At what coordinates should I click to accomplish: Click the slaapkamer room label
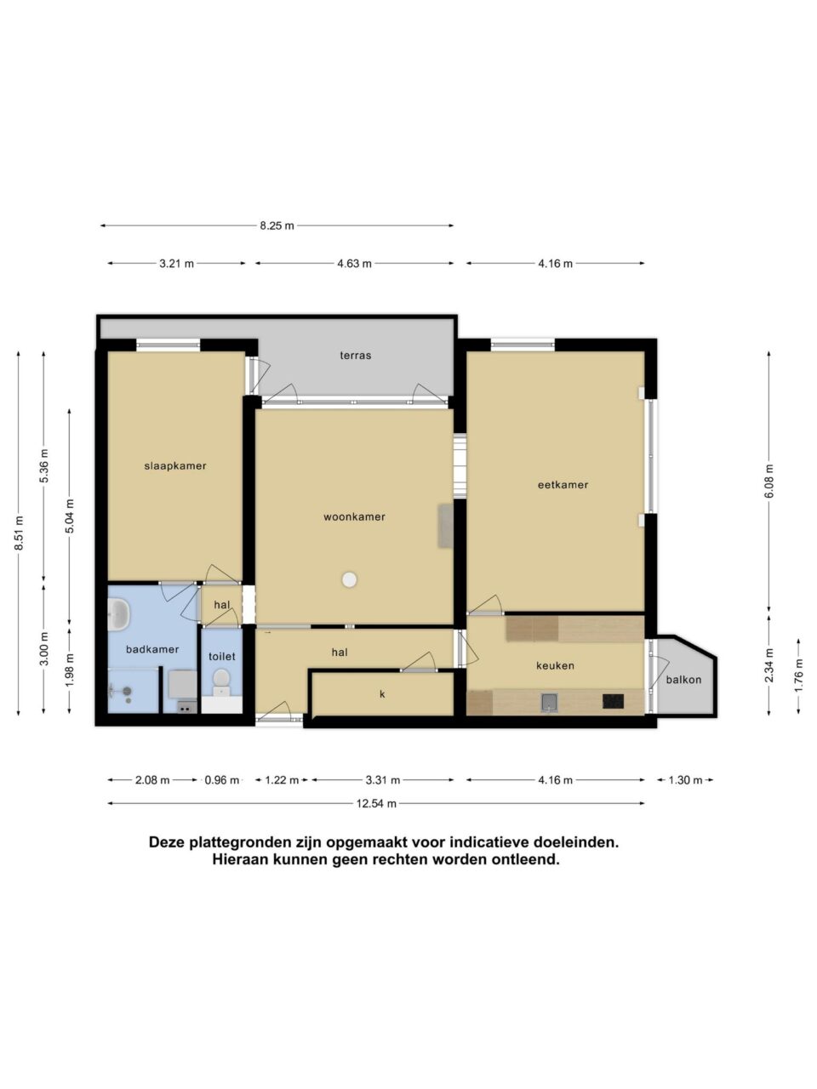click(175, 466)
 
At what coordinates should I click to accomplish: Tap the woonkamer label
click(354, 517)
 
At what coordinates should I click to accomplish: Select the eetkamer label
click(563, 485)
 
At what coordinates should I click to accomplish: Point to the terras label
click(356, 356)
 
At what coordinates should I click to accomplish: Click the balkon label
click(683, 680)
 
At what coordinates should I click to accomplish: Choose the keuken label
click(555, 666)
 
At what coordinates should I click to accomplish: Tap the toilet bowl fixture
click(221, 681)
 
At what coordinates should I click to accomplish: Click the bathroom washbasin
click(118, 614)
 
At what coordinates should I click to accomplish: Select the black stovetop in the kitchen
click(613, 701)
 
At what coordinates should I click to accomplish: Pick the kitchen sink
click(549, 702)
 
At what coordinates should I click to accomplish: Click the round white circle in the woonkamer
click(350, 579)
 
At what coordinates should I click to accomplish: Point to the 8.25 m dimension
click(277, 225)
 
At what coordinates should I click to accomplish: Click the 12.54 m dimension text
click(376, 804)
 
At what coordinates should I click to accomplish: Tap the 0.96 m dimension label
click(222, 780)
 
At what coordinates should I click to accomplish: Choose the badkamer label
click(152, 649)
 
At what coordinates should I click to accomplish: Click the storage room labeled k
click(382, 694)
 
